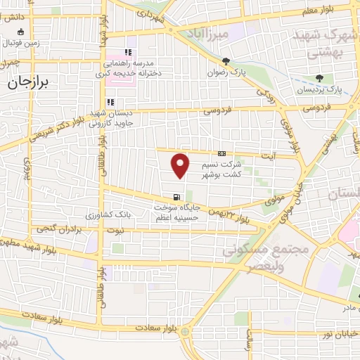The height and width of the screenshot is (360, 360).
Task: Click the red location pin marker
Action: tap(181, 165)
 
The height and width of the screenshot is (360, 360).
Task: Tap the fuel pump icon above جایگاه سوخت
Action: tap(175, 197)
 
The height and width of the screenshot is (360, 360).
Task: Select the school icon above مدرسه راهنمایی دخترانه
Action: tap(127, 51)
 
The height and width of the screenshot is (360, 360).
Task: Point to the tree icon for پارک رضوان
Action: tap(226, 62)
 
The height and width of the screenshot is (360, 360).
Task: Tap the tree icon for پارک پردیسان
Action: tap(320, 78)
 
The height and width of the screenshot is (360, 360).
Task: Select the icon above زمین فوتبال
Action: tap(20, 31)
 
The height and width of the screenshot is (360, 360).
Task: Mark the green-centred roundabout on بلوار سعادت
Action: tap(184, 330)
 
